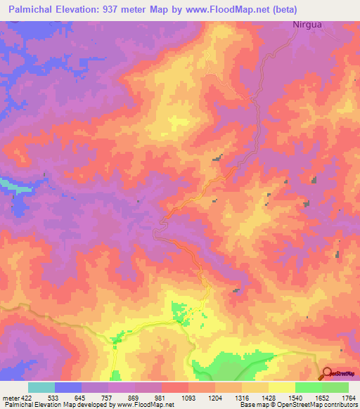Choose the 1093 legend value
click(x=189, y=398)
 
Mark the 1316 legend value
click(x=243, y=398)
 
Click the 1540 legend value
click(x=295, y=398)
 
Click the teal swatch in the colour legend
click(x=41, y=387)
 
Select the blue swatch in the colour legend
click(x=68, y=387)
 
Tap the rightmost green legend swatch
click(x=335, y=387)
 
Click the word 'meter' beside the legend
click(x=10, y=398)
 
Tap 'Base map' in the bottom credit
click(x=254, y=405)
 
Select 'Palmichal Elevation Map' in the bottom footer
click(x=41, y=405)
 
